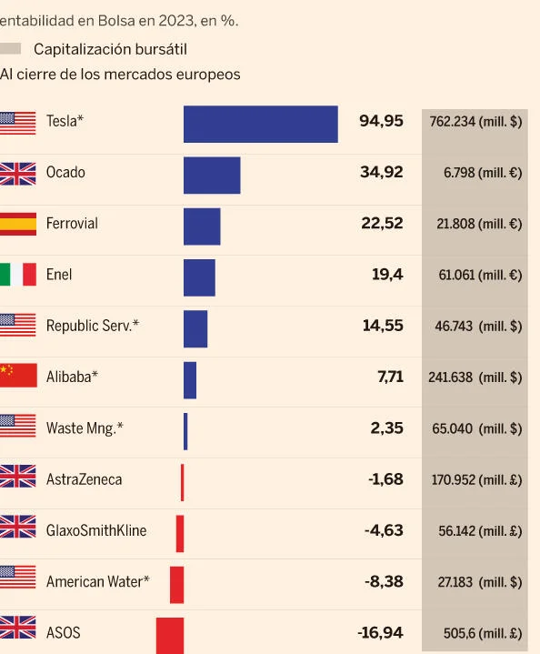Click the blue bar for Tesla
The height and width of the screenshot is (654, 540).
coord(260,124)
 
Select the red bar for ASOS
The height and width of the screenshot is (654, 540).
coord(170,634)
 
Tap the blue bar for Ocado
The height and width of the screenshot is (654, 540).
coord(212,175)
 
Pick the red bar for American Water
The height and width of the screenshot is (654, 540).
coord(176,584)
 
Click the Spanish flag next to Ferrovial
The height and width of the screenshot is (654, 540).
coord(17,224)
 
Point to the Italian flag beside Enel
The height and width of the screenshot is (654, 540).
coord(17,275)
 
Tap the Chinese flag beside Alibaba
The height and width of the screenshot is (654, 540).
coord(17,377)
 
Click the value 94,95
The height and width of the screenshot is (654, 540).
coord(381,121)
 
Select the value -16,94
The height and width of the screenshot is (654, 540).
coord(380,633)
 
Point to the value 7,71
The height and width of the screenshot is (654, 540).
coord(390,377)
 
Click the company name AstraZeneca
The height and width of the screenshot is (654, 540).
coord(84,479)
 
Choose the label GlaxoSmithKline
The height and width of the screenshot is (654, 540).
coord(96,530)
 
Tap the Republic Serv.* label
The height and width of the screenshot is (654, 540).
coord(93,326)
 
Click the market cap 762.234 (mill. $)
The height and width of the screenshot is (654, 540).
coord(475,122)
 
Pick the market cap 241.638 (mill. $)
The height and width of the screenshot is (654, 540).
coord(475,377)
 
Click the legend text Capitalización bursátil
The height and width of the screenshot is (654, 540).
coord(110,49)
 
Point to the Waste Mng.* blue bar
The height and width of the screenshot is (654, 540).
coord(185,430)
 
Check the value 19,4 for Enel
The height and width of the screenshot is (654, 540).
coord(387,275)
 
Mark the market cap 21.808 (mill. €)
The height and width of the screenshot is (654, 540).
coord(478,224)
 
